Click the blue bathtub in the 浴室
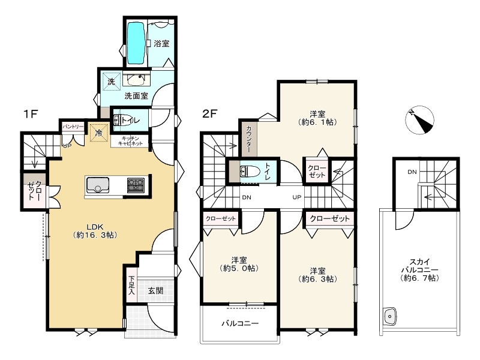(136, 43)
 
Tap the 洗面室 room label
(136, 96)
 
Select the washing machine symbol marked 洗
(111, 81)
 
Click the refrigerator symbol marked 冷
(99, 133)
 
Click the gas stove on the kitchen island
(136, 185)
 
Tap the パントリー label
(73, 127)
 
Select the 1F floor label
(31, 114)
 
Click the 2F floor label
(210, 114)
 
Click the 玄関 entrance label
(155, 290)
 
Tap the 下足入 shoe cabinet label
(131, 285)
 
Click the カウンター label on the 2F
(248, 139)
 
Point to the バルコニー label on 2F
(241, 323)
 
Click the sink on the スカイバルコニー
(389, 316)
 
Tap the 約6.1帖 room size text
(317, 122)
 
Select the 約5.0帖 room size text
(239, 268)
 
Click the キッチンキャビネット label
(130, 141)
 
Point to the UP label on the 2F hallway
(296, 197)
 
